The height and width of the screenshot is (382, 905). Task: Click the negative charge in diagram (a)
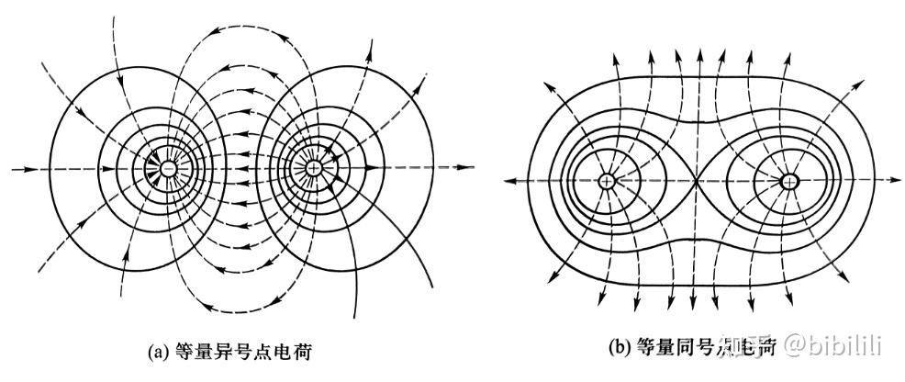(x=168, y=169)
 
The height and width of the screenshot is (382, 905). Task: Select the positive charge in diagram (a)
(x=313, y=168)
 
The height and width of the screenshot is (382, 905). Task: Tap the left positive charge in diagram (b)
(x=606, y=181)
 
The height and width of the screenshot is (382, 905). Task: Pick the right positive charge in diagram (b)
(x=788, y=181)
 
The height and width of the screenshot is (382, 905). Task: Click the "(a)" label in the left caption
(x=157, y=351)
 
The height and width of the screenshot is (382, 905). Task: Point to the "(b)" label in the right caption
(x=620, y=348)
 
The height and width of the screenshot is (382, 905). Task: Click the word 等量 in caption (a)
(x=190, y=351)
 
